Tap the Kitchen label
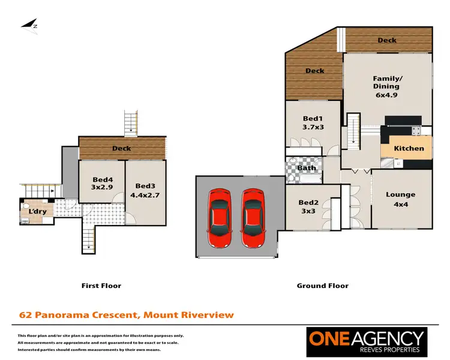click(x=409, y=148)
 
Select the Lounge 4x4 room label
click(x=400, y=199)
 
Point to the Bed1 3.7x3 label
click(x=313, y=123)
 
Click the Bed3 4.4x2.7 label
click(x=146, y=190)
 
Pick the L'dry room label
click(x=37, y=212)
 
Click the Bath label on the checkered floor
click(x=307, y=168)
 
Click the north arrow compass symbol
click(x=29, y=24)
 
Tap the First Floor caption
click(x=101, y=286)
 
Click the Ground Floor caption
click(x=322, y=286)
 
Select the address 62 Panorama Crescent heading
click(x=126, y=314)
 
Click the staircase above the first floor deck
click(x=131, y=122)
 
